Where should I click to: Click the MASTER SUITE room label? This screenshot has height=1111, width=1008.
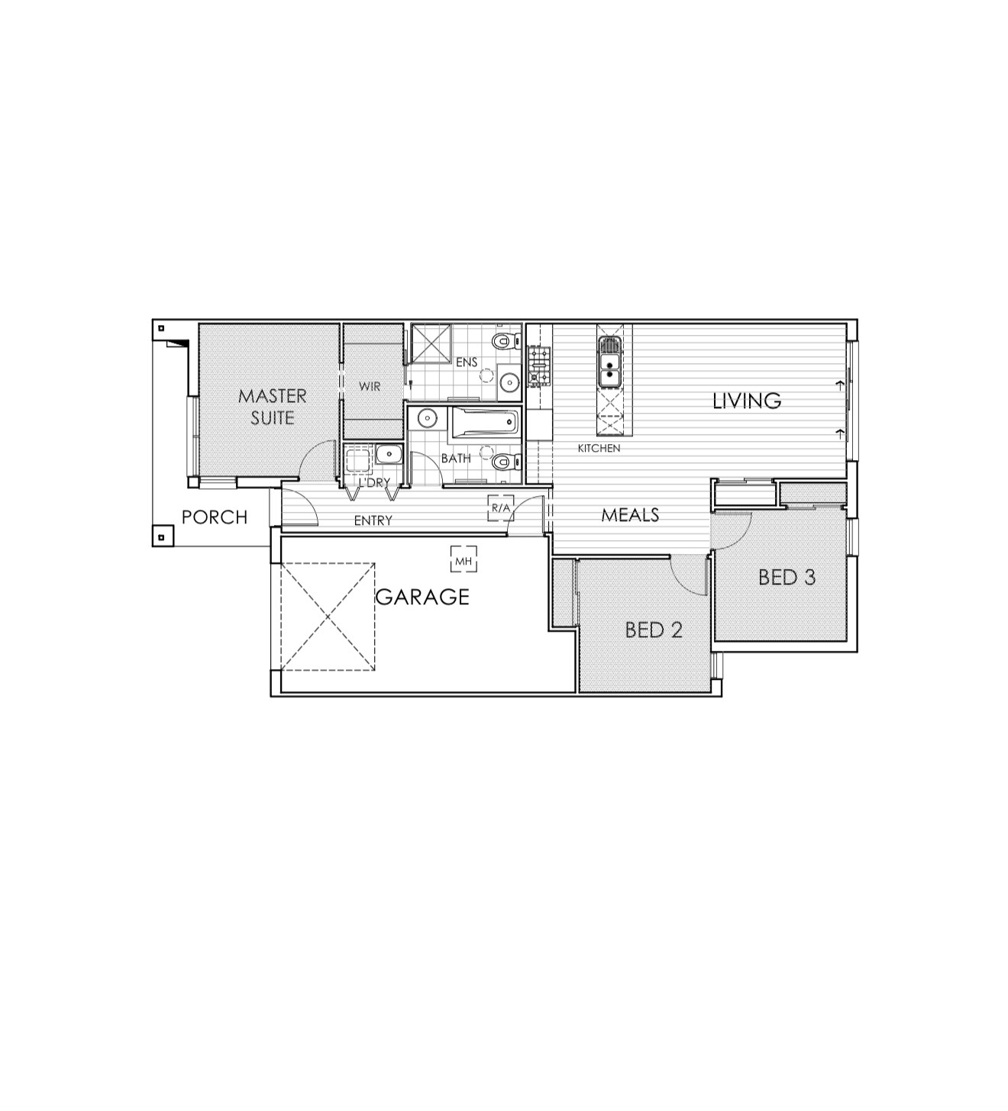(x=273, y=407)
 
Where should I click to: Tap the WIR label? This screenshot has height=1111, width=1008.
(x=370, y=387)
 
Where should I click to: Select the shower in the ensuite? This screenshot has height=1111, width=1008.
(x=431, y=344)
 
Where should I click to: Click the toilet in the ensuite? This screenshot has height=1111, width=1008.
(x=507, y=340)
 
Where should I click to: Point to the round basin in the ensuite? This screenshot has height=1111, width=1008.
(x=509, y=381)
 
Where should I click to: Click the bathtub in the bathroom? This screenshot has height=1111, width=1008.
(x=485, y=423)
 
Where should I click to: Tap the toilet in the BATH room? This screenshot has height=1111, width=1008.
(x=507, y=461)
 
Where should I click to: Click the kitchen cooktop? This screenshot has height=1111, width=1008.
(x=539, y=366)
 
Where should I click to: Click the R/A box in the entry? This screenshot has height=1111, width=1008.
(x=500, y=508)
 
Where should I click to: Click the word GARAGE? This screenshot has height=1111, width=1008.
(x=422, y=597)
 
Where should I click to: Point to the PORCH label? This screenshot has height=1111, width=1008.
(x=215, y=517)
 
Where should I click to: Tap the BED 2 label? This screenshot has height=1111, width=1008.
(x=654, y=630)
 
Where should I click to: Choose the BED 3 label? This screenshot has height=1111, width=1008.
(x=787, y=578)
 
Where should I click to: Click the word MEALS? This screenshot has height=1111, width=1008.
(x=631, y=515)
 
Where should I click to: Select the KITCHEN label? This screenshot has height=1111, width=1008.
(x=599, y=448)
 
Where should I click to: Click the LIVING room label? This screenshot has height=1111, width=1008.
(x=747, y=401)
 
